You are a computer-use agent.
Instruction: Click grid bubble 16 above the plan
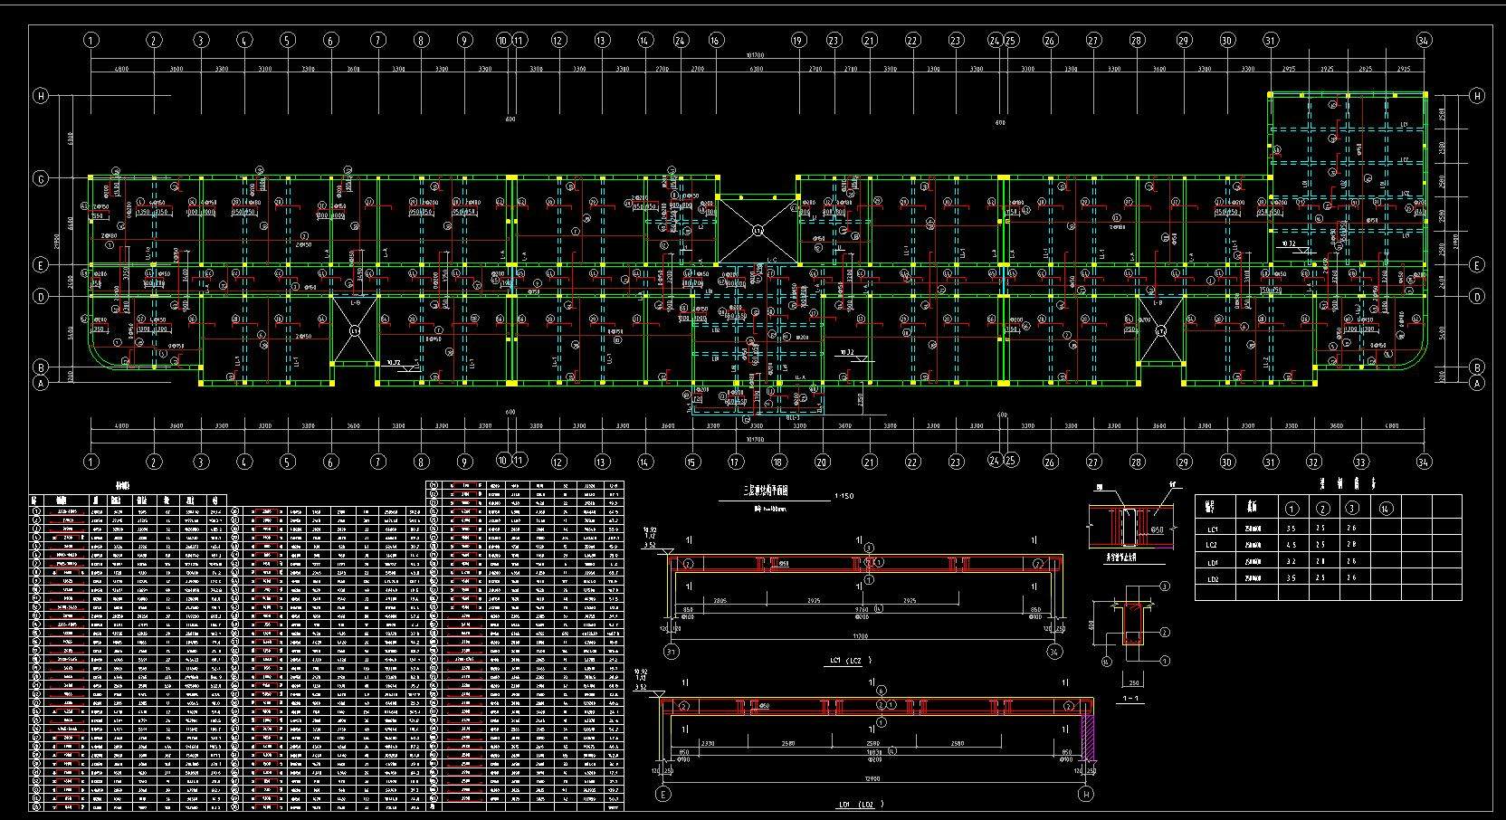click(716, 40)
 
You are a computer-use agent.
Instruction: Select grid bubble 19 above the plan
click(798, 40)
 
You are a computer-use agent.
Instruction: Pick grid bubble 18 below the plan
click(777, 462)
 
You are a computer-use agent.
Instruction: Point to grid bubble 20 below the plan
click(822, 462)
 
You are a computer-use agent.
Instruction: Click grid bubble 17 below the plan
click(736, 462)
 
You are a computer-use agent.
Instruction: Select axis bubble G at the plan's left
click(41, 178)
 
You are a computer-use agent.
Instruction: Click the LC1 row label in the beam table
click(1213, 529)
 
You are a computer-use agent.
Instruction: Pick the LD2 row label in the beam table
click(1213, 578)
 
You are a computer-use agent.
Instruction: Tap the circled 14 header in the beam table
click(1386, 509)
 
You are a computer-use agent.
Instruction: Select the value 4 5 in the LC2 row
click(1292, 545)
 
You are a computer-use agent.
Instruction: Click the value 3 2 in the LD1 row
click(1292, 562)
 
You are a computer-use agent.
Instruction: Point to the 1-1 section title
click(1130, 699)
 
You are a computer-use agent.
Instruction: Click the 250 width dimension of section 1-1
click(1132, 682)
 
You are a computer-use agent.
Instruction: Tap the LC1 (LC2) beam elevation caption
click(852, 661)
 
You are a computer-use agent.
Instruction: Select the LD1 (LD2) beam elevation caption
click(861, 804)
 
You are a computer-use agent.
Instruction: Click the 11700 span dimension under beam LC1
click(861, 635)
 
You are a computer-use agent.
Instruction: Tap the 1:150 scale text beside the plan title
click(844, 496)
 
